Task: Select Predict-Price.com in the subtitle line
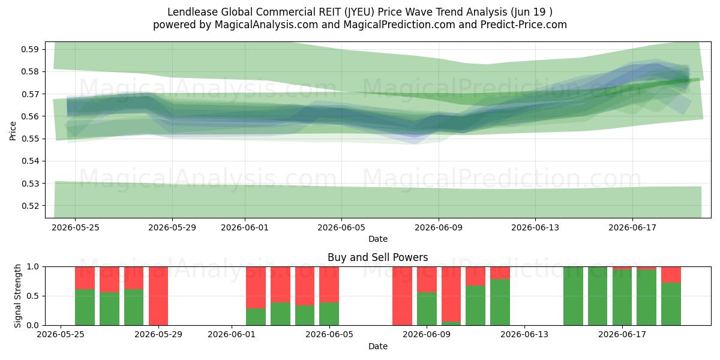524,25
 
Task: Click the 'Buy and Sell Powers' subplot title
377,257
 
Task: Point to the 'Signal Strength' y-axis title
17,296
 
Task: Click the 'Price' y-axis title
13,131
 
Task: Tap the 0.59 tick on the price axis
30,49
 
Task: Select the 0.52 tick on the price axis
30,206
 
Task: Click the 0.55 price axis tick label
30,139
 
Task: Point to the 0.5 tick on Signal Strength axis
32,296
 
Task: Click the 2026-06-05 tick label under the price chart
341,227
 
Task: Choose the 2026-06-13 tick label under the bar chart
524,335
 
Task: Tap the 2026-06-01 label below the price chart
245,227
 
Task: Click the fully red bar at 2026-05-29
158,296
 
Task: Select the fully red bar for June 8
402,296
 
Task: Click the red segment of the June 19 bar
671,275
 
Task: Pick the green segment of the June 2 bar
256,317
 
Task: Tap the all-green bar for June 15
573,296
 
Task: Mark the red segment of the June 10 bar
451,294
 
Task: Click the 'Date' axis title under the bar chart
377,347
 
